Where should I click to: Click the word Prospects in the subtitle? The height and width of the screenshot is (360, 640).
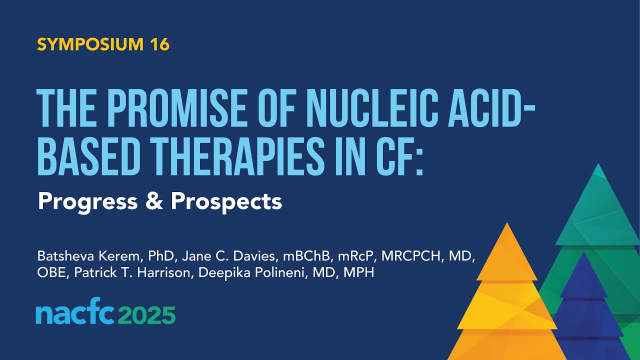click(x=226, y=202)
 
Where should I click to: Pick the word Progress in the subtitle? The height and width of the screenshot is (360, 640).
click(x=87, y=201)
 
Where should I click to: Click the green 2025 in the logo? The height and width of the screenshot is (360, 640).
click(x=148, y=314)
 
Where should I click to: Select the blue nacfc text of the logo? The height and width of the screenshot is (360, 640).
click(x=74, y=314)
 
